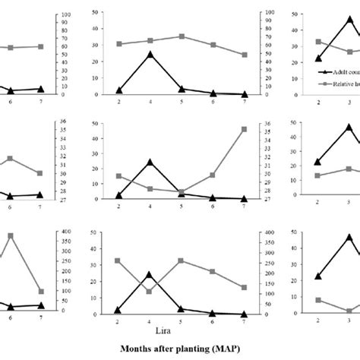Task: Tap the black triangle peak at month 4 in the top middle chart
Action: (150, 55)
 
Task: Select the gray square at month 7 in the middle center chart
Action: (244, 129)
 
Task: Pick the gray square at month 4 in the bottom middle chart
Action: (150, 291)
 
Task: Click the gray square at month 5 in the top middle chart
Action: (182, 36)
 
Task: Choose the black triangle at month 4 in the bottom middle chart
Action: (150, 275)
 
